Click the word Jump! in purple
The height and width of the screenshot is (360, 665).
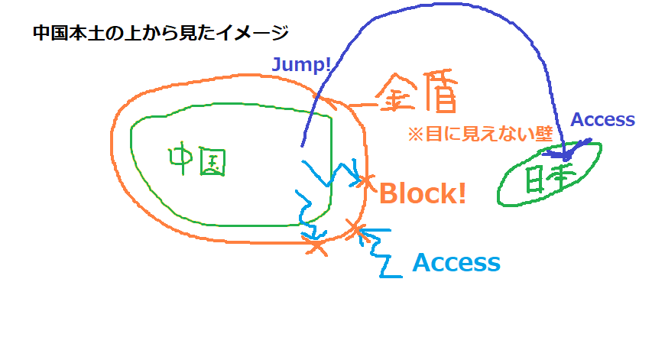pos(301,65)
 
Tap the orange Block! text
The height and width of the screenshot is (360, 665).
pos(423,193)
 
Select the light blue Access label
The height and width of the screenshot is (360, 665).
pos(456,263)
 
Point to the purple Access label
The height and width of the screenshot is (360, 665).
pos(603,119)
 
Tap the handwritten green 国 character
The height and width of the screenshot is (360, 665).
pos(213,162)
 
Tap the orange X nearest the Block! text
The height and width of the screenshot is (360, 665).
pos(367,183)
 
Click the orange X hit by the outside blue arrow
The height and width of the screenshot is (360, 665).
pos(354,227)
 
